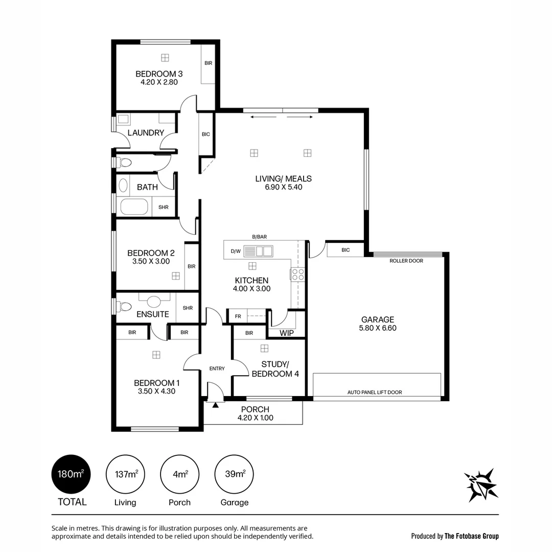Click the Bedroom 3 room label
point(159,74)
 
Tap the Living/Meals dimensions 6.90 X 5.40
point(283,187)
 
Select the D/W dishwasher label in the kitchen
point(236,251)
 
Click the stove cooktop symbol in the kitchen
point(298,274)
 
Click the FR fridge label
point(238,316)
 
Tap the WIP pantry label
point(286,333)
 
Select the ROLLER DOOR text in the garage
point(406,261)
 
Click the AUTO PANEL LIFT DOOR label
point(375,392)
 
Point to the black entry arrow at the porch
point(215,405)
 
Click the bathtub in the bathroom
point(134,207)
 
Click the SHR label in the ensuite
point(188,308)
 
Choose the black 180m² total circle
point(71,474)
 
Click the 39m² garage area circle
point(235,474)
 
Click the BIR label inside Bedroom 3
point(208,63)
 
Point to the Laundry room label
point(146,133)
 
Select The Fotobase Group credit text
point(471,536)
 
